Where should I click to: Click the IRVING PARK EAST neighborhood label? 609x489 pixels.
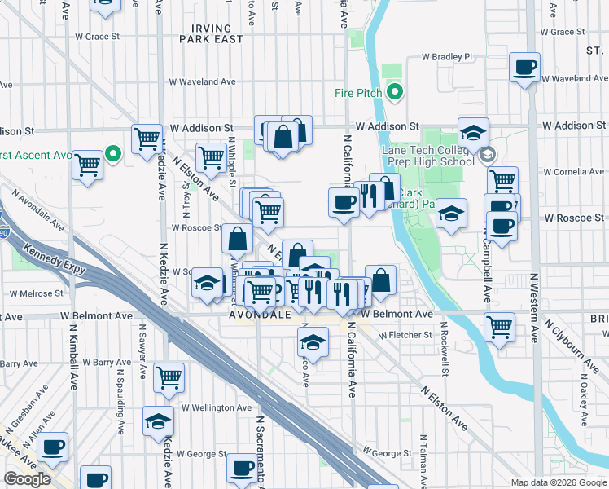pos(212,33)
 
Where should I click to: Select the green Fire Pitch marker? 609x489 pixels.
pos(395,92)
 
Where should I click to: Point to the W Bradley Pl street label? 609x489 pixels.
pos(446,57)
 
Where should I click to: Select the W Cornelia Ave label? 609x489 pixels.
pos(574,172)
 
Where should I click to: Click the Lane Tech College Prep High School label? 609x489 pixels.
pos(428,155)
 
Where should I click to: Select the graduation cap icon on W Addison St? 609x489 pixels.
pos(473,132)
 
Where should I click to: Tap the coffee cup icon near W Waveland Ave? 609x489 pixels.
pos(524,67)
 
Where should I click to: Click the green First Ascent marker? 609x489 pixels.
pos(113,153)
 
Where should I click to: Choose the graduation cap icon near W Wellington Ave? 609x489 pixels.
pos(158,421)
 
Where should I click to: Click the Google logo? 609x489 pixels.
pos(28,479)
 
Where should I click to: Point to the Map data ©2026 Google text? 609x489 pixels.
pos(559,482)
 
